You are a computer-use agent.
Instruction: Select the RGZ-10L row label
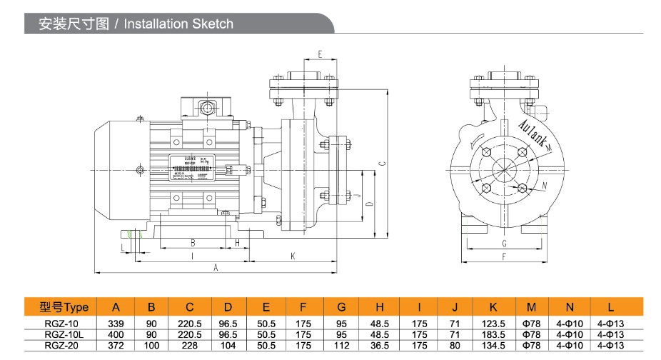[64, 334]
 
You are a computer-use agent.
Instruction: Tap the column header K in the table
[493, 308]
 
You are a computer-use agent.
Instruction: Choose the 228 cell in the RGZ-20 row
[190, 344]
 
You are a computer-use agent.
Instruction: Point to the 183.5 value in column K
[493, 334]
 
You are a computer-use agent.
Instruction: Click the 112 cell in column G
[342, 344]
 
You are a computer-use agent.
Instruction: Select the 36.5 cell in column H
[380, 344]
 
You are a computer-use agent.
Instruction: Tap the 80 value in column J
[455, 344]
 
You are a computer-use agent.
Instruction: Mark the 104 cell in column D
[228, 344]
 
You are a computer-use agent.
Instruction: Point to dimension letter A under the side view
[216, 267]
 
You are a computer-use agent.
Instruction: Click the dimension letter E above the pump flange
[320, 54]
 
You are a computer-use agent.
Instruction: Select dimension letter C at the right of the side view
[383, 164]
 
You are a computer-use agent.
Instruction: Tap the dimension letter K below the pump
[293, 254]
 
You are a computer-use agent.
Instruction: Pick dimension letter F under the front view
[504, 256]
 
